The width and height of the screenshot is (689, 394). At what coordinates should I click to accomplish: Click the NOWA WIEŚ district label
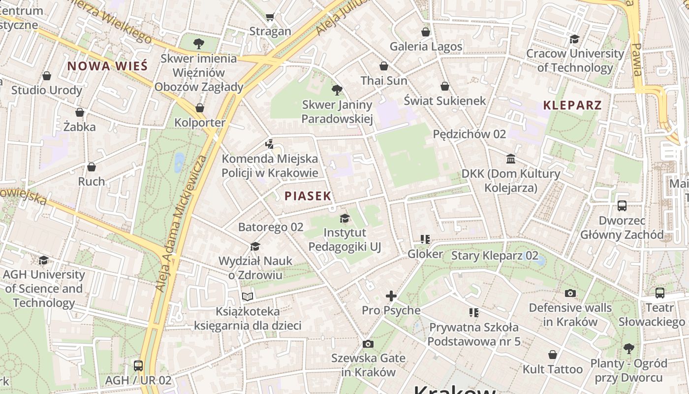coord(107,66)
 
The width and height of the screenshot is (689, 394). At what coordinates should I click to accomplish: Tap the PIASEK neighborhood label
coord(308,196)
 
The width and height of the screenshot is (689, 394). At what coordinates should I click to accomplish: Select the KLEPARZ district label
coord(572,105)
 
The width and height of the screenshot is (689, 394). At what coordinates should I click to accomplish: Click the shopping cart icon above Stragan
coord(270,17)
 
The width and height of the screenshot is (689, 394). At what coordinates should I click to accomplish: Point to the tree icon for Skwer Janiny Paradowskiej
coord(337,90)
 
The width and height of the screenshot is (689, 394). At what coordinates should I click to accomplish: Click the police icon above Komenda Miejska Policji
coord(269,144)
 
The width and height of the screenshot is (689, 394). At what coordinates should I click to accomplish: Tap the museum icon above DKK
coord(511,159)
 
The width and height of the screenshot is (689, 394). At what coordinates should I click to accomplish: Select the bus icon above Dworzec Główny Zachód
coord(622,206)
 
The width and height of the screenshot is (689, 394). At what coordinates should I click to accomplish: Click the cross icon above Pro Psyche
coord(391,296)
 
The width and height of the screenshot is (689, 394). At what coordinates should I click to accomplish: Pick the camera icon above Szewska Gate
coord(368,344)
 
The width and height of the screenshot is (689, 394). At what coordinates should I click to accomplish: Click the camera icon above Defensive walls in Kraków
coord(570,294)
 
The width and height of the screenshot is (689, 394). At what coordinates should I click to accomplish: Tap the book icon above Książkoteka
coord(247,296)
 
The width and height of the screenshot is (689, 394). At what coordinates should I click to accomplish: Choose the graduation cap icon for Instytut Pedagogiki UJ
coord(344,218)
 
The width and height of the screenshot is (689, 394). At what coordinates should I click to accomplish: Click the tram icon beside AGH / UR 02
coord(138,366)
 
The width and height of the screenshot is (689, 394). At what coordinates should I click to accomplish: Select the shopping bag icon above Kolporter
coord(200,108)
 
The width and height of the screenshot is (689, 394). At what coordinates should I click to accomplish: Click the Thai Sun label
coord(384,81)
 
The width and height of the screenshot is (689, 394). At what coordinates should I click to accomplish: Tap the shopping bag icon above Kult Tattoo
coord(553,355)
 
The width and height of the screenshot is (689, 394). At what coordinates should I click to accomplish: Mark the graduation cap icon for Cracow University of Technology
coord(574,39)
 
